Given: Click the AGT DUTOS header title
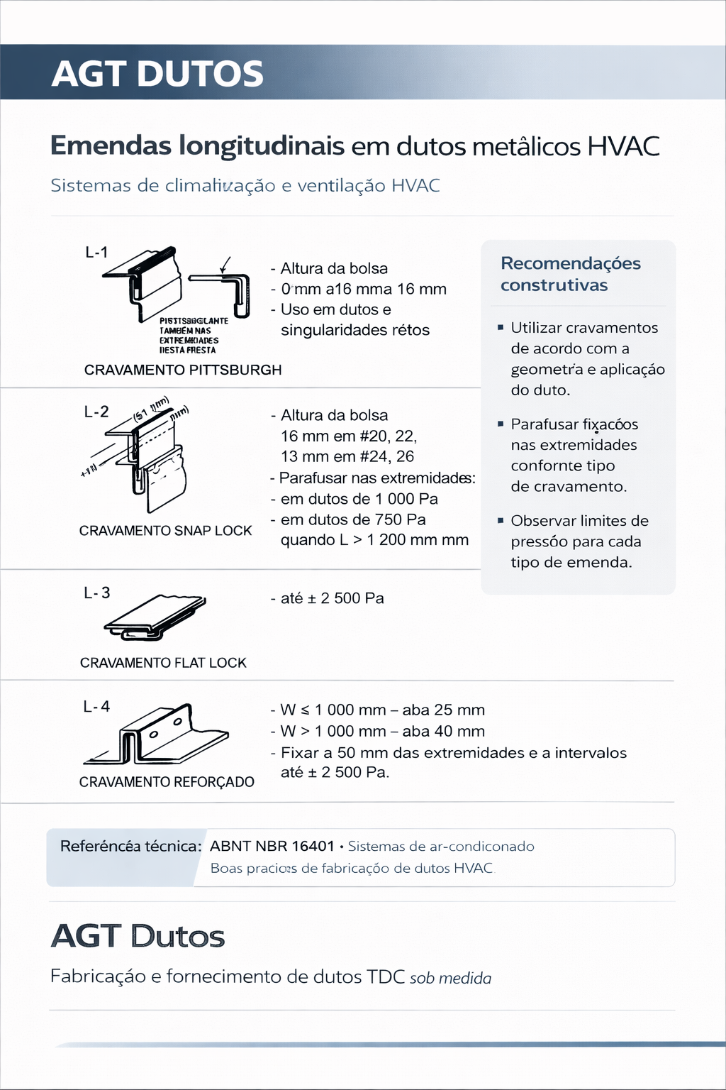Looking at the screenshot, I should tap(157, 74).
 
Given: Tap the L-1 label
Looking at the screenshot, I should tap(96, 252).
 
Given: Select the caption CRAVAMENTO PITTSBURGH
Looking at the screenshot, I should tap(183, 370).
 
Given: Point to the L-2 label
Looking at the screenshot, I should tap(96, 412).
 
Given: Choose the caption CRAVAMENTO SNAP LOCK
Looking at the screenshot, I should tap(165, 531).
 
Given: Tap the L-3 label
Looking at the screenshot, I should tap(97, 593).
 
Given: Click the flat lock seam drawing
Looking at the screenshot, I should tap(155, 615).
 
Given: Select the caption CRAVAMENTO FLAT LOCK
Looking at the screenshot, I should tap(163, 663).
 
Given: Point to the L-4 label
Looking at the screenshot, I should tap(96, 706).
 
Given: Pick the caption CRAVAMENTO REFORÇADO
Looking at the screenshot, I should tap(167, 782).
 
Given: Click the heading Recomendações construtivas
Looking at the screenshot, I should tap(570, 274).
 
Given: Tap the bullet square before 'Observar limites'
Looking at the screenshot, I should tap(501, 520).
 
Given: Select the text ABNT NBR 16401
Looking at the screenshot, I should tap(272, 846).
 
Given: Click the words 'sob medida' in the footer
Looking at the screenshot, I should tap(450, 979).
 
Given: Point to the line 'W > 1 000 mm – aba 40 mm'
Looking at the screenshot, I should tap(382, 731).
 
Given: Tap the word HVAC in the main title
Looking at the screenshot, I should tap(623, 146).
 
